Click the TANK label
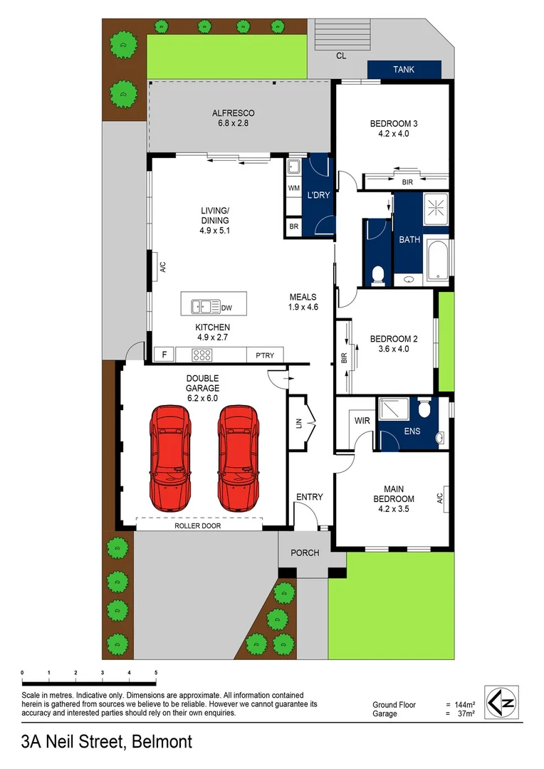[x=403, y=70]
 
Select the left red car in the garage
[x=171, y=458]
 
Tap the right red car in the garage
[x=239, y=458]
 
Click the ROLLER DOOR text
[x=197, y=526]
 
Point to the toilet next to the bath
[x=378, y=273]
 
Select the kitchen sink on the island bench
[x=205, y=308]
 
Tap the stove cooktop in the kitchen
[x=202, y=355]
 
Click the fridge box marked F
[x=164, y=355]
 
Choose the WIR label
[x=362, y=421]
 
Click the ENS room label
[x=412, y=431]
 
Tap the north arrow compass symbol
[x=501, y=703]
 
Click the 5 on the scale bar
[x=155, y=672]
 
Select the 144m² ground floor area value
[x=466, y=705]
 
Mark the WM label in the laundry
[x=293, y=188]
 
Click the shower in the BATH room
[x=434, y=207]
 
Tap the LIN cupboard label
[x=298, y=424]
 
